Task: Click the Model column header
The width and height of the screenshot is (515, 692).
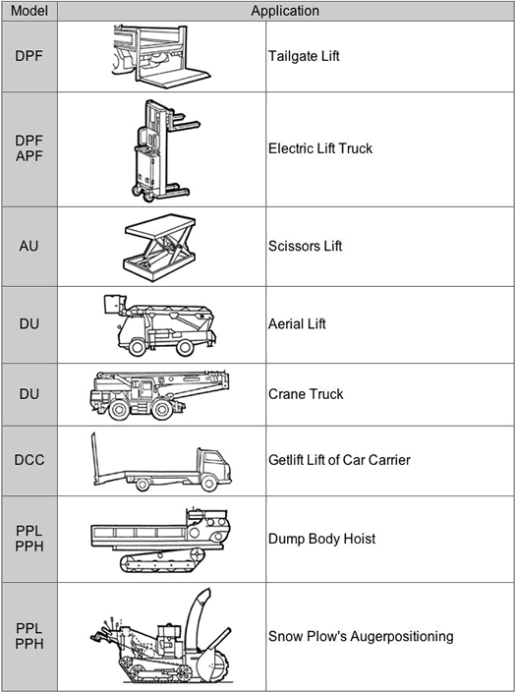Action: pyautogui.click(x=29, y=11)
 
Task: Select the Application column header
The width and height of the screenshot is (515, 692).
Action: pyautogui.click(x=285, y=11)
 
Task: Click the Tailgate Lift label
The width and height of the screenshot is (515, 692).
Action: pyautogui.click(x=304, y=56)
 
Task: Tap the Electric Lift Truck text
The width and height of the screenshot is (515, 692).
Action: pyautogui.click(x=320, y=148)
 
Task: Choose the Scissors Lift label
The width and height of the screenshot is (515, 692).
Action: pyautogui.click(x=305, y=246)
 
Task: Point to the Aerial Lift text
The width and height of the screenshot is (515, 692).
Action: pyautogui.click(x=297, y=324)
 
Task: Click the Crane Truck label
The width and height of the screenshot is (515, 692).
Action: pyautogui.click(x=306, y=394)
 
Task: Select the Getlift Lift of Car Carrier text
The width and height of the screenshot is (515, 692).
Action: pyautogui.click(x=339, y=460)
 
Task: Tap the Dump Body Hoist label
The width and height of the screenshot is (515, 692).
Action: pyautogui.click(x=322, y=539)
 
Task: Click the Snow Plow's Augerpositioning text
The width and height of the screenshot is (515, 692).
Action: pyautogui.click(x=361, y=636)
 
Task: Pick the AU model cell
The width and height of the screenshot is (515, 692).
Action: pyautogui.click(x=29, y=246)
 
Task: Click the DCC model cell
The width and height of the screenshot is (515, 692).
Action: pyautogui.click(x=29, y=460)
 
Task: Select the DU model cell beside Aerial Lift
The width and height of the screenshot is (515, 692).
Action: pyautogui.click(x=29, y=324)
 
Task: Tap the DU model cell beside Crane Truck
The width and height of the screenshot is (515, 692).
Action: pyautogui.click(x=29, y=394)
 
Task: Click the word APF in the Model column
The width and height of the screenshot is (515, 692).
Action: pyautogui.click(x=29, y=156)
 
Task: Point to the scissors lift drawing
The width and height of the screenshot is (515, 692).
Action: pyautogui.click(x=159, y=247)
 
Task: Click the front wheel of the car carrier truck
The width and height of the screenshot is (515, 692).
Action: pyautogui.click(x=208, y=484)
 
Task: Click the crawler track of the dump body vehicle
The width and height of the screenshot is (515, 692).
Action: pyautogui.click(x=162, y=561)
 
